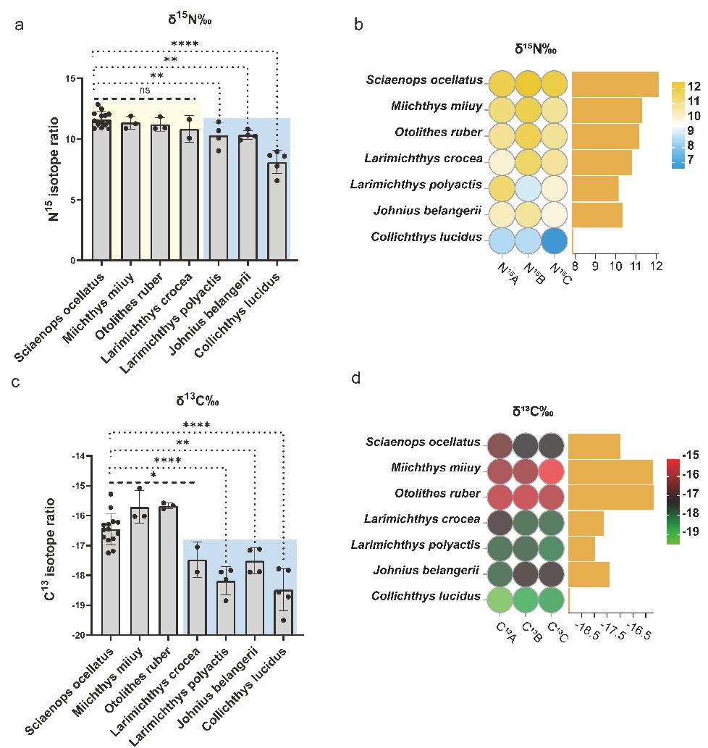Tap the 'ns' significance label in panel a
(146, 91)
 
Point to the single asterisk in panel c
(153, 476)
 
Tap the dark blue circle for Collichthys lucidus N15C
(554, 238)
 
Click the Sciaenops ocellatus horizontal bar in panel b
(615, 84)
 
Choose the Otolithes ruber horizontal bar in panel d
(611, 494)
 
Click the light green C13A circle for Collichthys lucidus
(500, 600)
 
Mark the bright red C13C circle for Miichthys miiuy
(555, 468)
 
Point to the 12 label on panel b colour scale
(692, 84)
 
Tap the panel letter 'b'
(358, 25)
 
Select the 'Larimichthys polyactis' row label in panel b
(416, 185)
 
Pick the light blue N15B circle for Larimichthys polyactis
(527, 185)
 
